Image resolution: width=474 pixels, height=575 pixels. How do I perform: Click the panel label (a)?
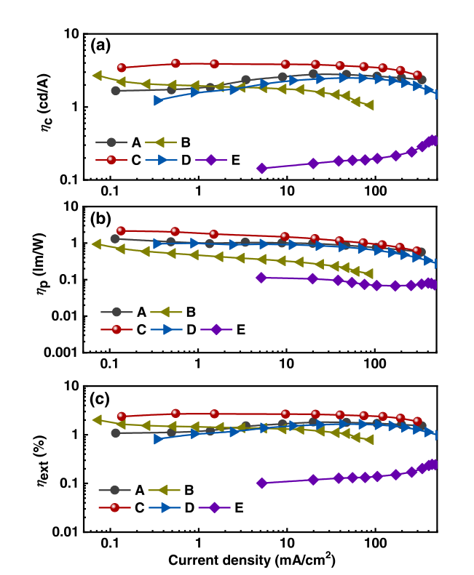click(100, 45)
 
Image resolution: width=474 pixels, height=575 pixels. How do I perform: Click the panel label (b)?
click(100, 217)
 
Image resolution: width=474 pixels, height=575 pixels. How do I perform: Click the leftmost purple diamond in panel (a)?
click(262, 168)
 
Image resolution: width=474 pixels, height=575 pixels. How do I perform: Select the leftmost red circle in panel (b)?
click(122, 230)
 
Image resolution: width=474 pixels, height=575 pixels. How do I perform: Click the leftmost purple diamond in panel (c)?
click(262, 483)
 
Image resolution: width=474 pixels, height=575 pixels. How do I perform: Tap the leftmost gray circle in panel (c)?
click(115, 433)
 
